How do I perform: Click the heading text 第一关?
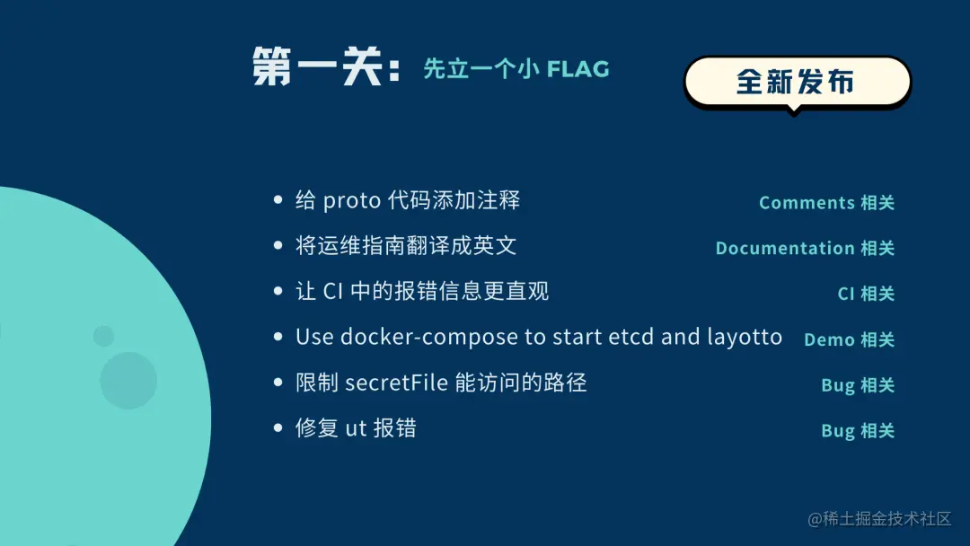pyautogui.click(x=318, y=66)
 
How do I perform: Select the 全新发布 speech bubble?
pyautogui.click(x=797, y=83)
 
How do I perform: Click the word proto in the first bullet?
pyautogui.click(x=351, y=201)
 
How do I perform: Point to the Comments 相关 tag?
pyautogui.click(x=826, y=203)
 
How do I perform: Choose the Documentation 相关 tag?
pyautogui.click(x=805, y=248)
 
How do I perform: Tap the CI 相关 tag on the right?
pyautogui.click(x=866, y=293)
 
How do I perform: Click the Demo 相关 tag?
pyautogui.click(x=849, y=339)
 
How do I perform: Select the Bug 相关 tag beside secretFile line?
pyautogui.click(x=858, y=385)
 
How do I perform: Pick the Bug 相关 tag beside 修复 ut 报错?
pyautogui.click(x=858, y=430)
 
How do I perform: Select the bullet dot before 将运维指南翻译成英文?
pyautogui.click(x=278, y=245)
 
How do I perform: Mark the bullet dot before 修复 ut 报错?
pyautogui.click(x=278, y=427)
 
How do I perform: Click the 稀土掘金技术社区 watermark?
pyautogui.click(x=879, y=518)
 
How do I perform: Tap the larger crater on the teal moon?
pyautogui.click(x=128, y=381)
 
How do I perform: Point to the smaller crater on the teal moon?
pyautogui.click(x=103, y=337)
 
